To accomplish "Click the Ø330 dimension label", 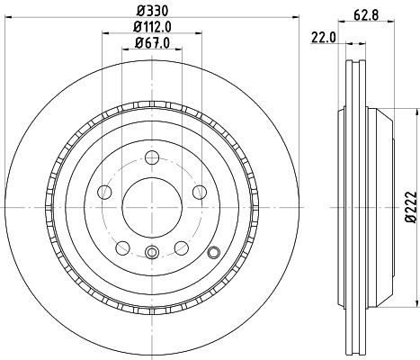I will click(x=151, y=12).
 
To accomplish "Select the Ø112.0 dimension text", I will click(x=151, y=26).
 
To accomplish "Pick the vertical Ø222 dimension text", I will click(x=410, y=207).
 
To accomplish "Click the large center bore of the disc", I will click(x=151, y=200).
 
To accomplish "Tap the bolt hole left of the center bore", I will click(x=103, y=192).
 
